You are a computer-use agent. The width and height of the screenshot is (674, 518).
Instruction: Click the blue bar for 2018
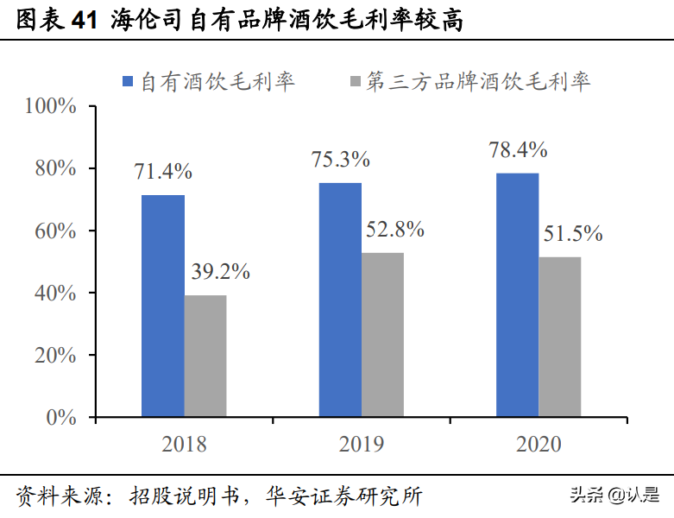163,306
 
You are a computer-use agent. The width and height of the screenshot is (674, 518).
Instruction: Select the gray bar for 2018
205,357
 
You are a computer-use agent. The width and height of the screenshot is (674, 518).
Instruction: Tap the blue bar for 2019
340,300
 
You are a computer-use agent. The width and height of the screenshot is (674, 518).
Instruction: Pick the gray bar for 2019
382,335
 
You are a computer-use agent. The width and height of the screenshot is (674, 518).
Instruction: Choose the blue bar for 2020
518,295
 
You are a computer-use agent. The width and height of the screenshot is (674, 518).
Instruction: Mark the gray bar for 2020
560,338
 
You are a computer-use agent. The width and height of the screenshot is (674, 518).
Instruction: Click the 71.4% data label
163,171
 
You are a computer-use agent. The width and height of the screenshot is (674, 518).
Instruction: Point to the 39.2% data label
219,272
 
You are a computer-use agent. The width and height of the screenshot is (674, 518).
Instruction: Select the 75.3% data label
341,160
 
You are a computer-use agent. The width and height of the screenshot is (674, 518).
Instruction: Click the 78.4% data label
518,149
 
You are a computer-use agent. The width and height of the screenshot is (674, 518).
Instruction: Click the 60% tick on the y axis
57,231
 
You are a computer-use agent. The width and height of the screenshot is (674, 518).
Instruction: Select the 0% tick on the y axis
62,418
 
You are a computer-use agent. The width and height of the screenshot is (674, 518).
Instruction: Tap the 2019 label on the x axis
361,445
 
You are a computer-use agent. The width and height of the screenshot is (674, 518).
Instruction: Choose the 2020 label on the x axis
539,445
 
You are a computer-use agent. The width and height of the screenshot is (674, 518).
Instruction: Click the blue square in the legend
128,82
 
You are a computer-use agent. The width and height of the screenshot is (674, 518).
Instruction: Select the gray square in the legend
355,82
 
